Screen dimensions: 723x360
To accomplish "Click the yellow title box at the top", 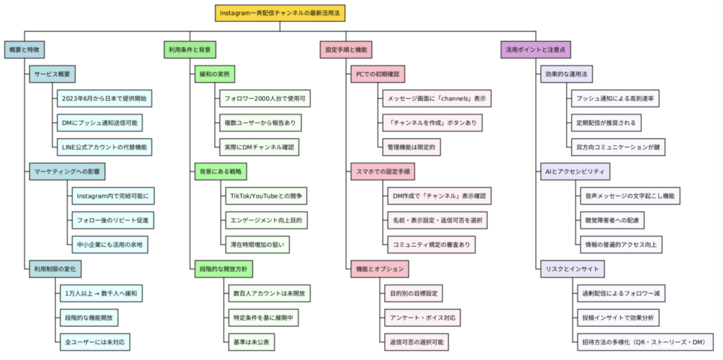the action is pyautogui.click(x=280, y=13).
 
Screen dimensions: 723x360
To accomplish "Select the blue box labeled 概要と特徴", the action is pyautogui.click(x=25, y=50).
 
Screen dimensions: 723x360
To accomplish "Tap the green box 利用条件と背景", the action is pyautogui.click(x=190, y=50).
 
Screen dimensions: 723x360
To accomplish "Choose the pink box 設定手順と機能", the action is pyautogui.click(x=346, y=50).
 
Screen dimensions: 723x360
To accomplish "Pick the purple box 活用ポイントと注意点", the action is pyautogui.click(x=536, y=50).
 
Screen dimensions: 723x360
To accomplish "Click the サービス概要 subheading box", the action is pyautogui.click(x=52, y=74).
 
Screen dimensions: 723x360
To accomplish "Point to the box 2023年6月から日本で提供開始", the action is pyautogui.click(x=104, y=99).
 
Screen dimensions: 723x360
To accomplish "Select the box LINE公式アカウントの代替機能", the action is pyautogui.click(x=104, y=147).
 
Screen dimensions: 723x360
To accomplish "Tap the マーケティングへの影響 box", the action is pyautogui.click(x=67, y=172).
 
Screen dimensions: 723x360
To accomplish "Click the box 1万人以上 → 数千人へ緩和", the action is pyautogui.click(x=101, y=293).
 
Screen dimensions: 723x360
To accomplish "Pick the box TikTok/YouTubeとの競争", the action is pyautogui.click(x=266, y=196).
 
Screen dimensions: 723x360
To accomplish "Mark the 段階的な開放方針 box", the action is pyautogui.click(x=224, y=269).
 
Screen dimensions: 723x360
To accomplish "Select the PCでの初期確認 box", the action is pyautogui.click(x=374, y=74).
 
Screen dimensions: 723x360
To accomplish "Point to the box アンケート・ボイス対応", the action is pyautogui.click(x=422, y=318).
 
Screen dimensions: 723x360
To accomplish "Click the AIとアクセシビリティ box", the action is pyautogui.click(x=575, y=172).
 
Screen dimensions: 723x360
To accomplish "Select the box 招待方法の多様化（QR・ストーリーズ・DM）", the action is pyautogui.click(x=645, y=342).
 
